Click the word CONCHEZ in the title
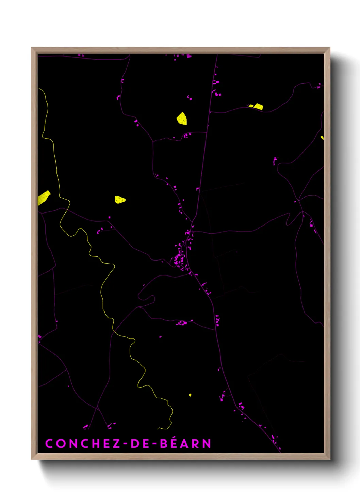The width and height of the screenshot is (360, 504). pyautogui.click(x=83, y=444)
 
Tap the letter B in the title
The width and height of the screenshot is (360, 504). pyautogui.click(x=163, y=444)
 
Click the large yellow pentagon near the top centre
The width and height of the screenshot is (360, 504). pyautogui.click(x=182, y=119)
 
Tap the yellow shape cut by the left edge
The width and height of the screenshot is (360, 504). pyautogui.click(x=44, y=198)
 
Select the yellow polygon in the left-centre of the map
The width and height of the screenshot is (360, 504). pyautogui.click(x=120, y=200)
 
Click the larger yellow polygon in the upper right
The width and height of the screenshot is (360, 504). pyautogui.click(x=258, y=107)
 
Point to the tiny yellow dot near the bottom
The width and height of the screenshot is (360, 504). pyautogui.click(x=190, y=395)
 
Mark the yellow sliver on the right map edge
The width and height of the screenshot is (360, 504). pyautogui.click(x=322, y=138)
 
